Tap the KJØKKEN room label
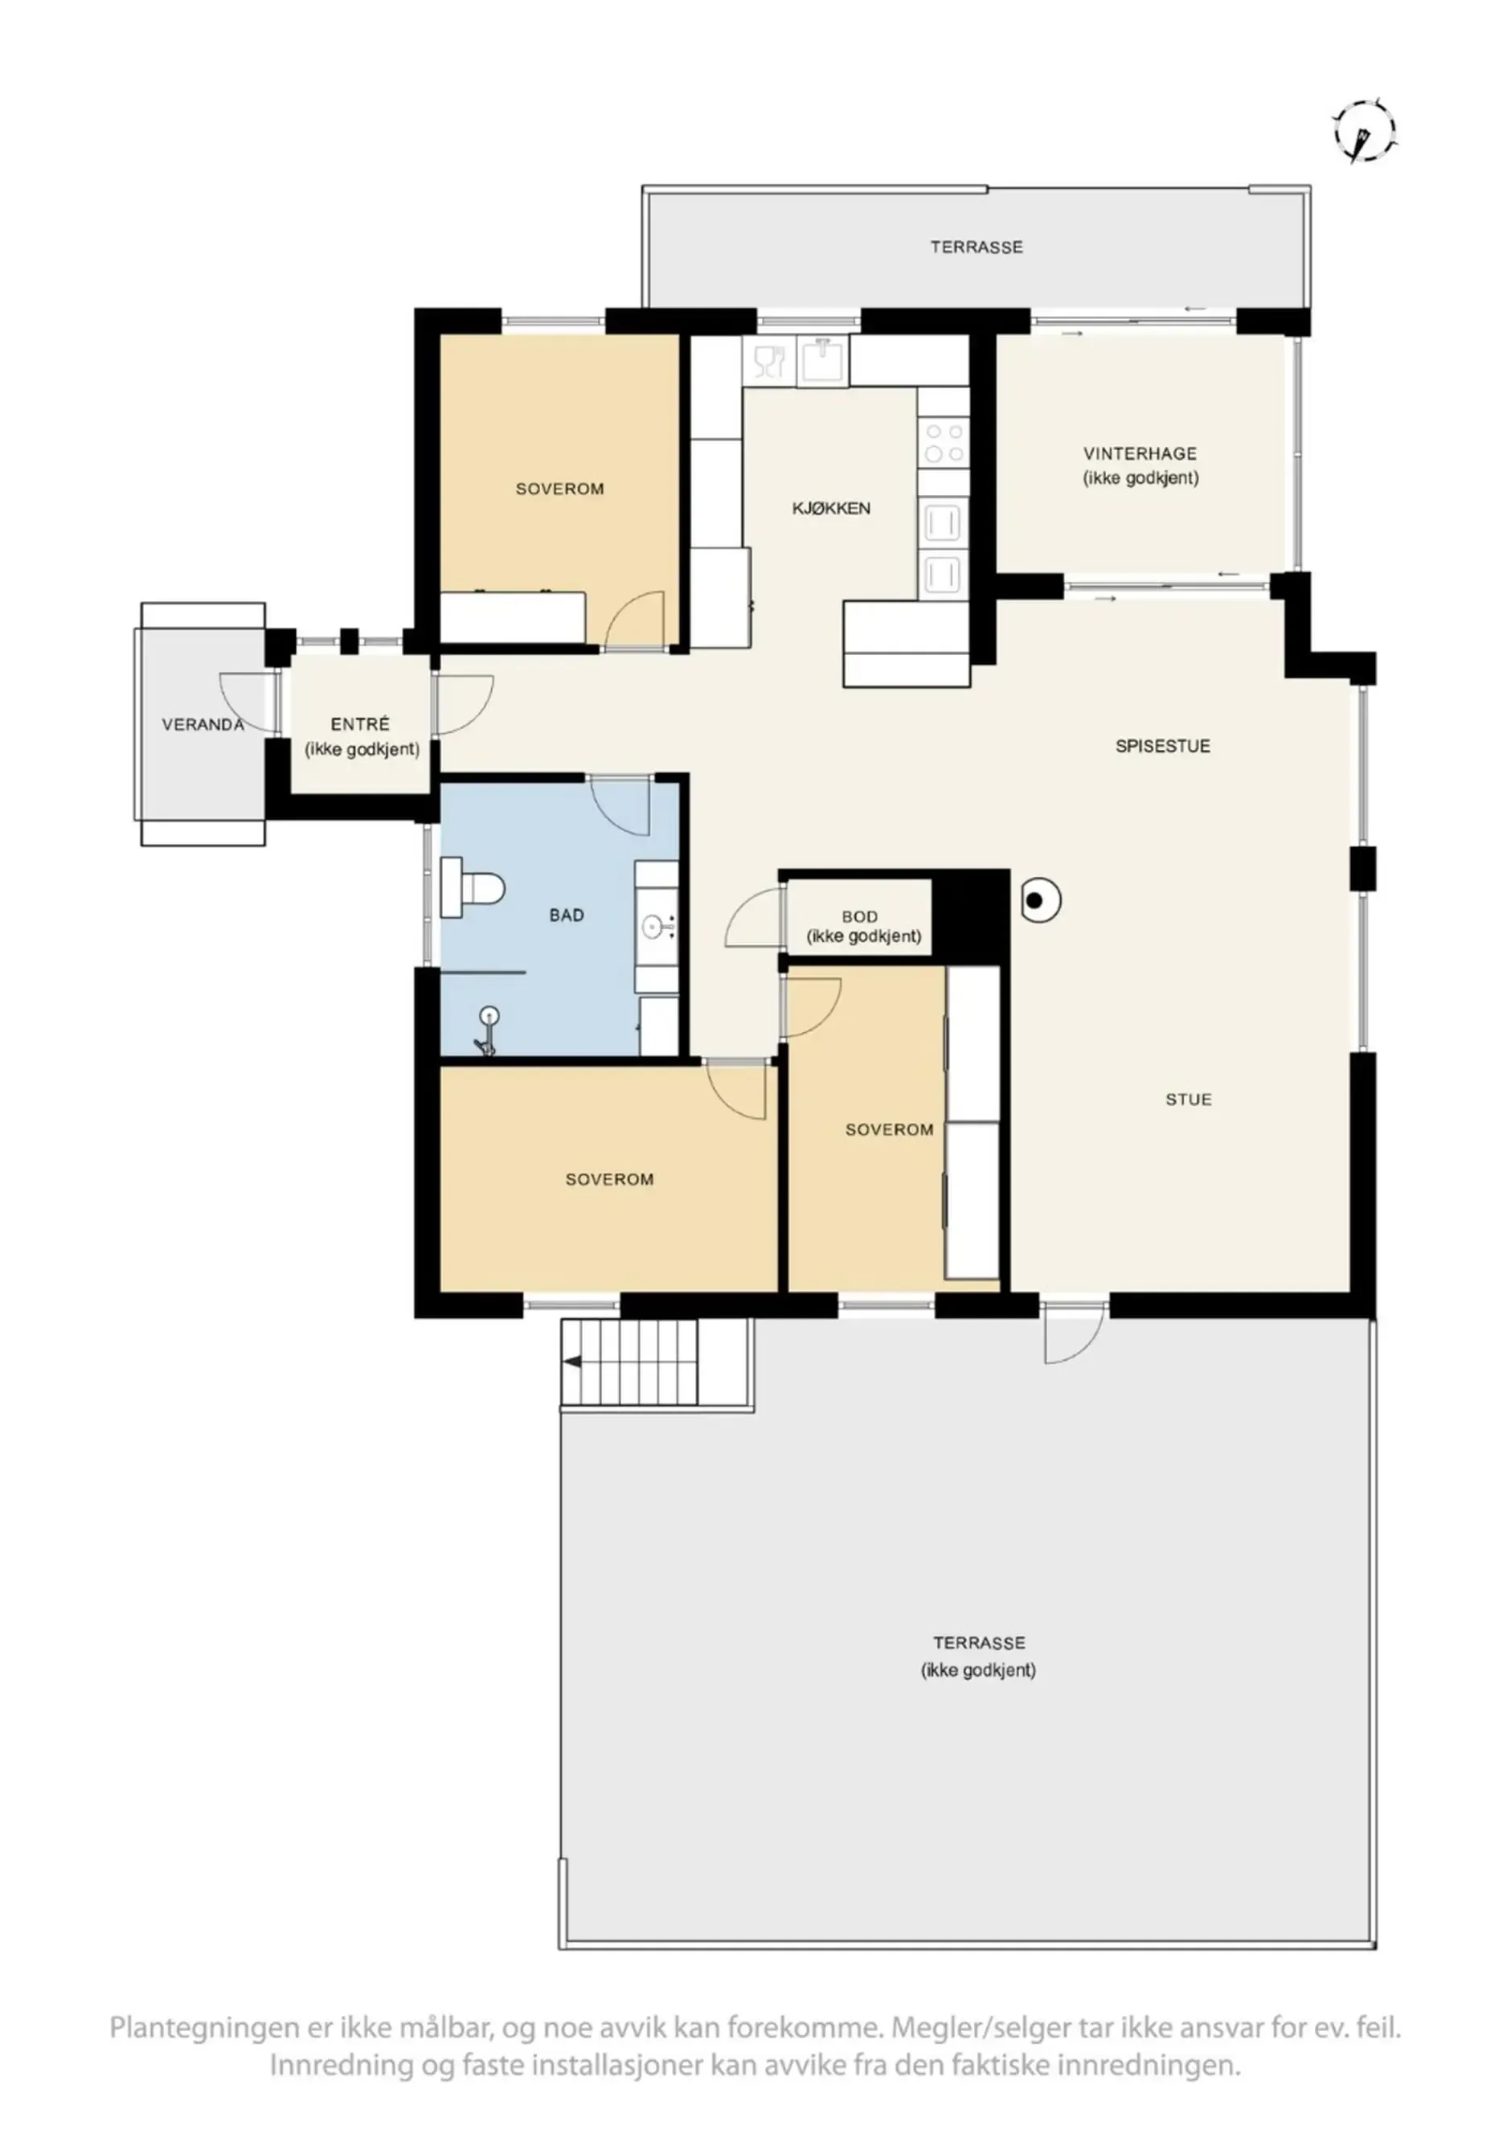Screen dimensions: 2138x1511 coord(830,509)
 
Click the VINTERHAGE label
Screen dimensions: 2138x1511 coord(1140,454)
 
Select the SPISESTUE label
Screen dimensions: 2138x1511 coord(1162,746)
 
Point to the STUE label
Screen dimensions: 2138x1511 coord(1188,1100)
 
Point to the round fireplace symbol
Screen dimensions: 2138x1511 coord(1039,900)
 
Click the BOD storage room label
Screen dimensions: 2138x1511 coord(858,917)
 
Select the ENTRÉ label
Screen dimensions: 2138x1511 coord(359,724)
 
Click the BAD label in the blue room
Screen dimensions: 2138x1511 coord(566,915)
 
